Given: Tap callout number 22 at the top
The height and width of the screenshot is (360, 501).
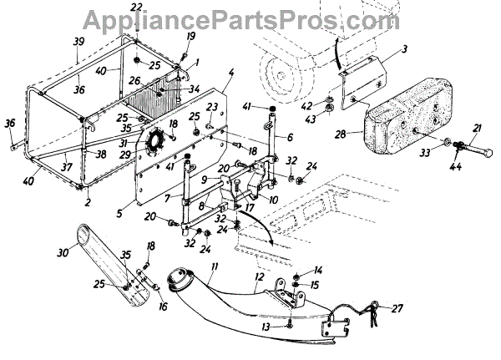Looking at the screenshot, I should (x=137, y=8).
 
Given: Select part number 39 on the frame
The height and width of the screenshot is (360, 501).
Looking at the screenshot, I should (x=78, y=42).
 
